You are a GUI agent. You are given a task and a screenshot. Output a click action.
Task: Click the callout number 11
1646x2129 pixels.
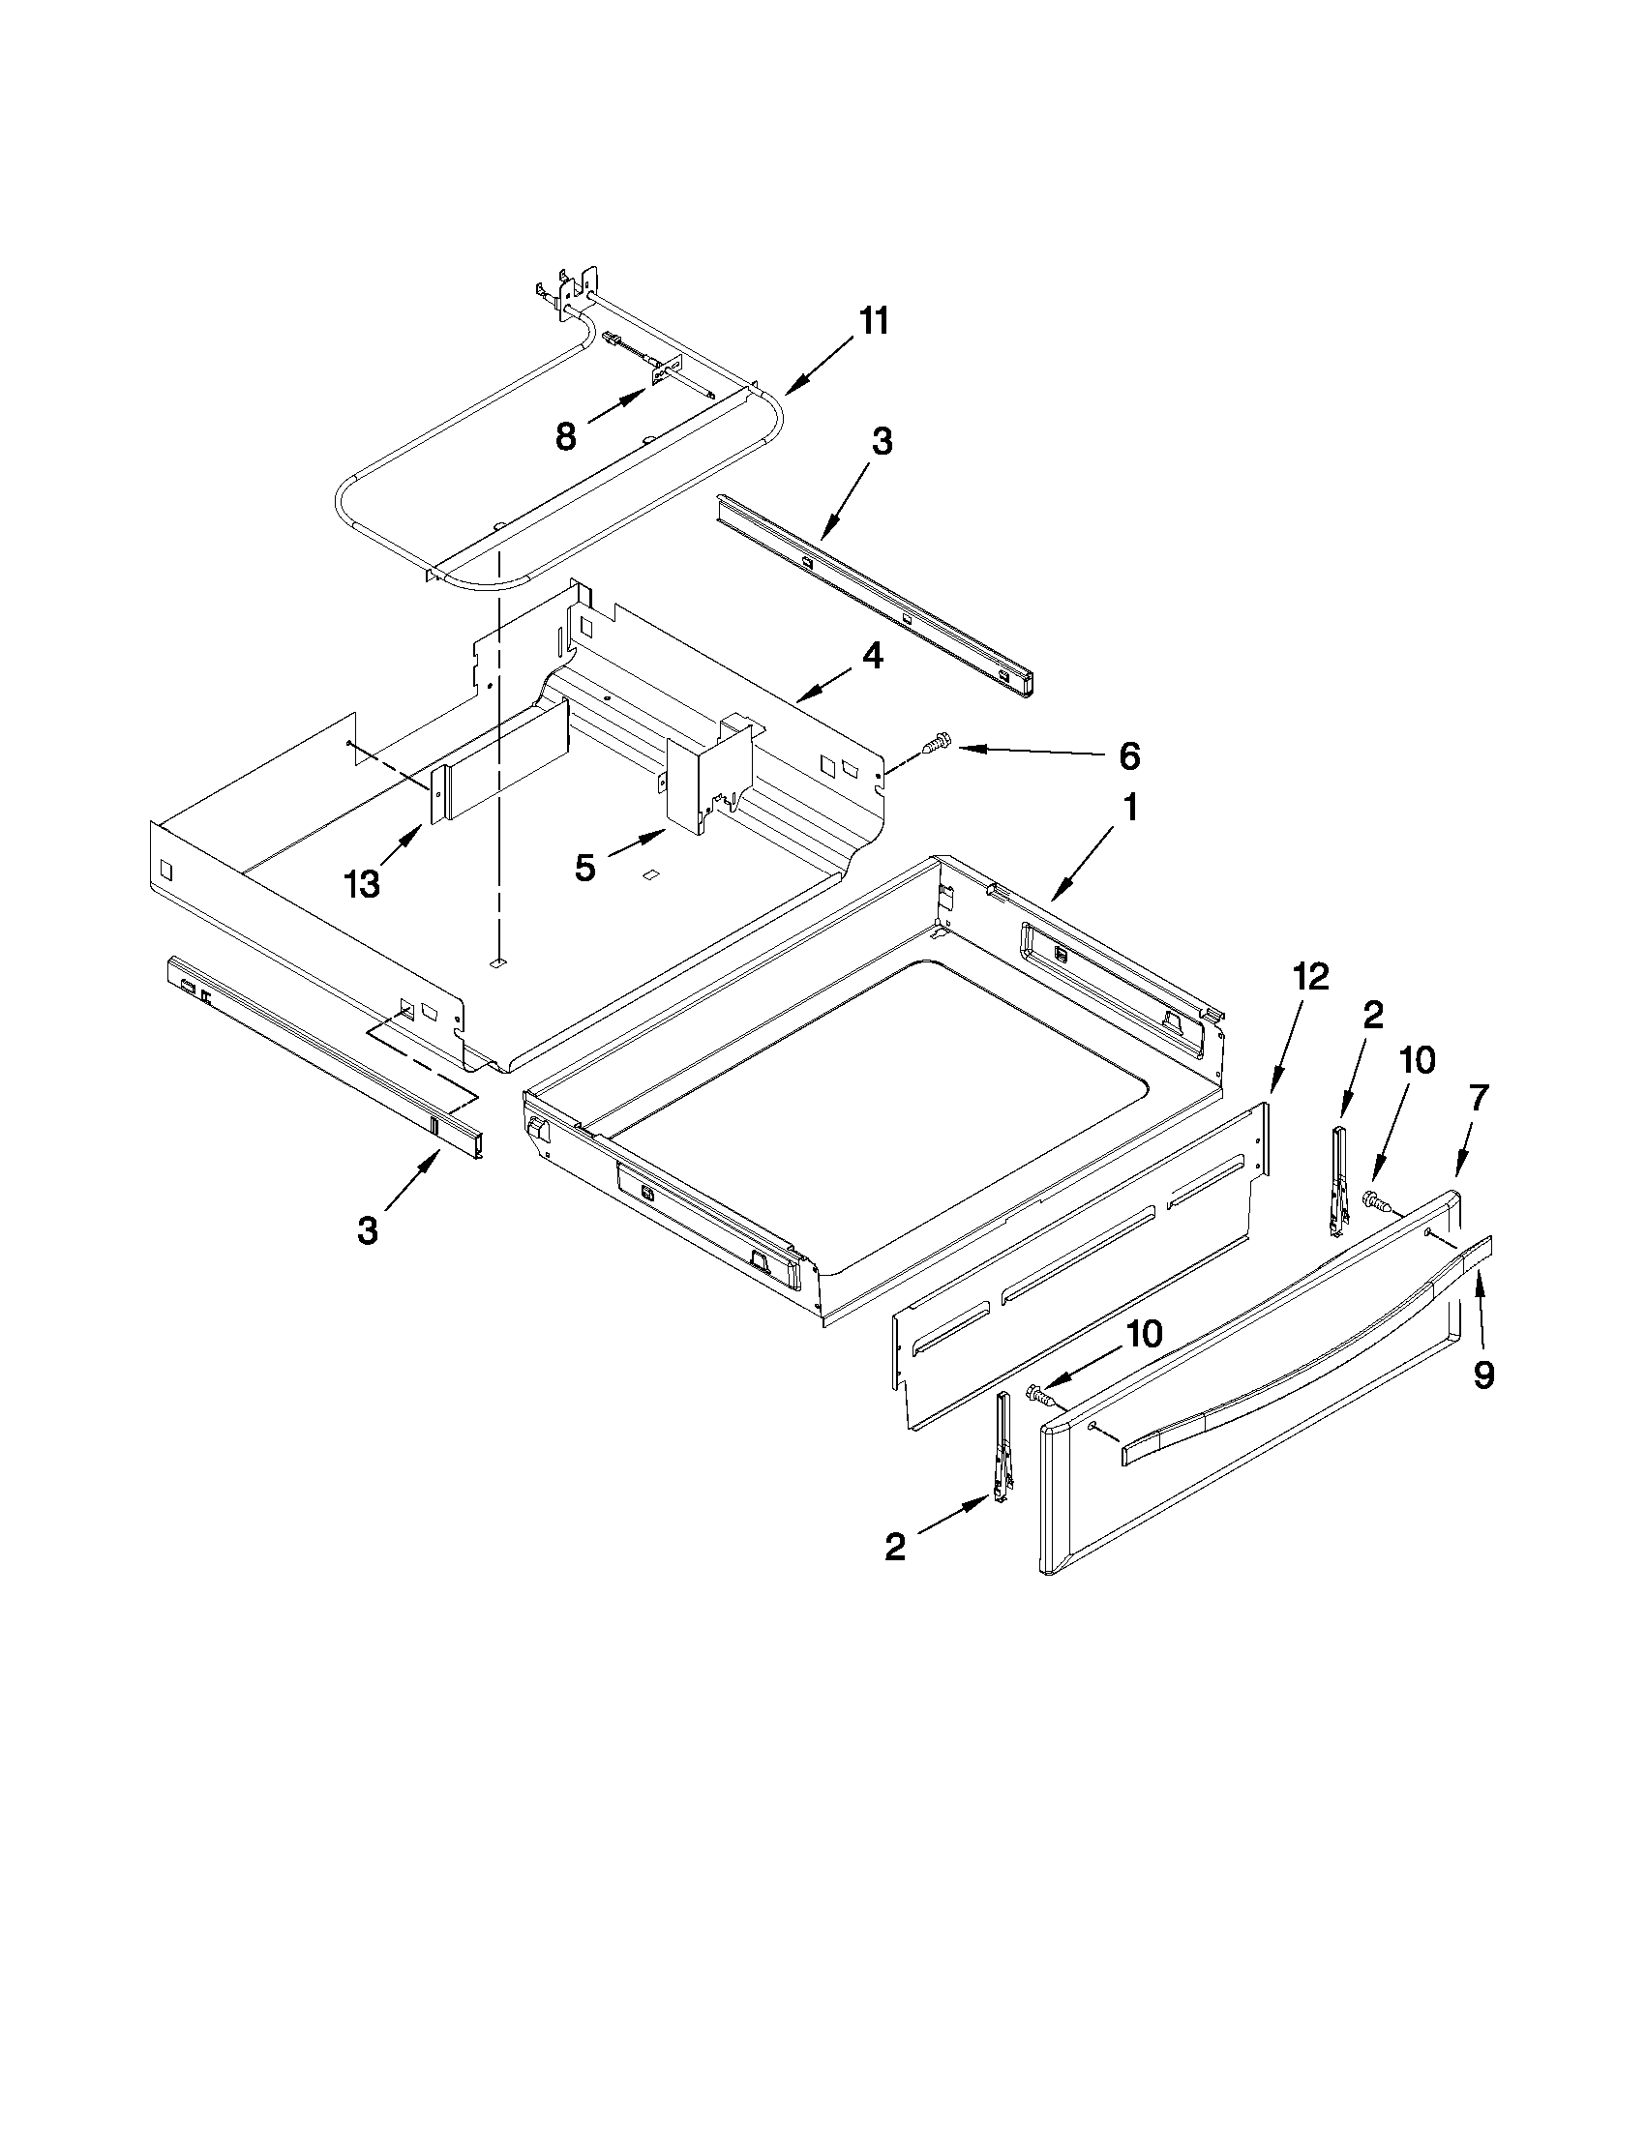873,321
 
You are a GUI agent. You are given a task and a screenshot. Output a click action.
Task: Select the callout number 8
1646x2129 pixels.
565,435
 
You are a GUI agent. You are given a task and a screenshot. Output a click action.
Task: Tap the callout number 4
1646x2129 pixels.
872,656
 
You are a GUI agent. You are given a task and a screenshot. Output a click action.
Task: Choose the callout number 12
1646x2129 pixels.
1311,977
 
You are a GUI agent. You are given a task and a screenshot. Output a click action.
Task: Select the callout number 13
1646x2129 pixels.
362,884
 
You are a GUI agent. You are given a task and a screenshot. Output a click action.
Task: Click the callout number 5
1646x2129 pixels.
584,867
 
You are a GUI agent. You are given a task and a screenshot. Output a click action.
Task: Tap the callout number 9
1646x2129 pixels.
1482,1375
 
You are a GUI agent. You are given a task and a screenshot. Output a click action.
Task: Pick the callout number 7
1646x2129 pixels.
1479,1098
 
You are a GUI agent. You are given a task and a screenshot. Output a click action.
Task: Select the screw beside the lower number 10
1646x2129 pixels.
1041,1397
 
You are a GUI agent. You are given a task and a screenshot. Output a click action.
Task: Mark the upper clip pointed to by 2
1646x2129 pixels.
1339,1179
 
